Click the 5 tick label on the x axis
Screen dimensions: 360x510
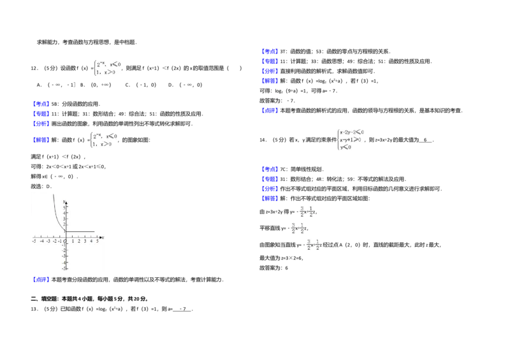click(x=97, y=241)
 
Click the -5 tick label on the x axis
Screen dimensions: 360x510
click(x=34, y=241)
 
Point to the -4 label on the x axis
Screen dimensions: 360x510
click(x=41, y=241)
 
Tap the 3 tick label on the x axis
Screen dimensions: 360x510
click(x=85, y=241)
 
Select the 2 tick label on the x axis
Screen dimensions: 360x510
click(x=78, y=241)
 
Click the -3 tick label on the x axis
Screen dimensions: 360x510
click(x=48, y=241)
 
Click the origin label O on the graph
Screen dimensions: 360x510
click(x=64, y=242)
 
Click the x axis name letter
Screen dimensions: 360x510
click(x=103, y=238)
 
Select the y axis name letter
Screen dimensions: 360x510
click(x=64, y=201)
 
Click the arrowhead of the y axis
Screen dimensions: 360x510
click(x=66, y=202)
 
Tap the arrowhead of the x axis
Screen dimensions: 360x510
click(x=99, y=238)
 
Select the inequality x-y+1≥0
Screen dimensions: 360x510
click(x=351, y=139)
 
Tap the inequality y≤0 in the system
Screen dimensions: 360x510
click(x=346, y=147)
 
